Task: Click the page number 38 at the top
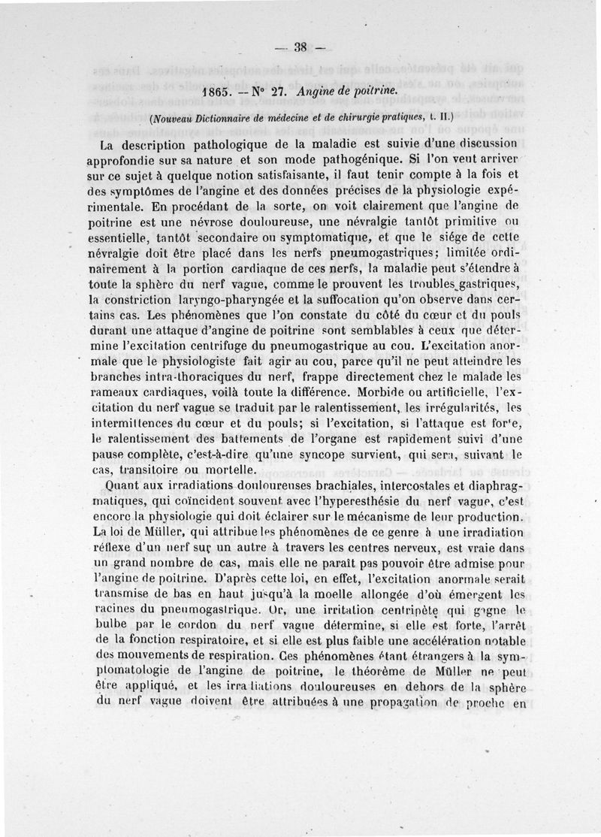coord(300,47)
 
